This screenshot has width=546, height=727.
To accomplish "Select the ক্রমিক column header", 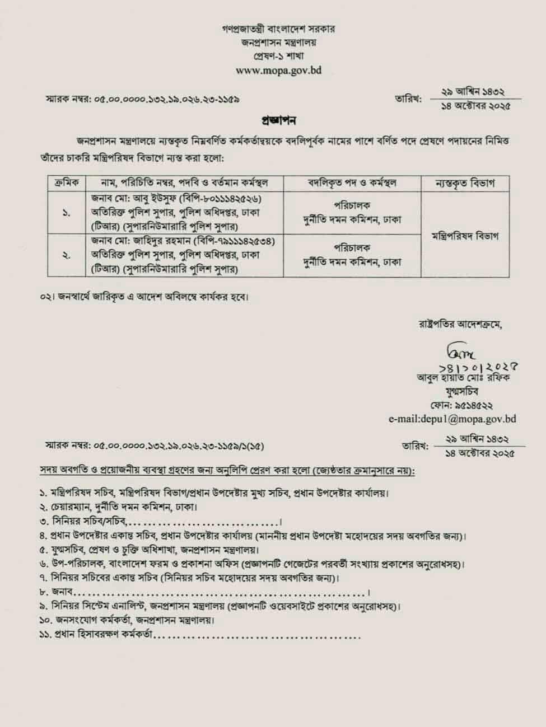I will click(67, 182).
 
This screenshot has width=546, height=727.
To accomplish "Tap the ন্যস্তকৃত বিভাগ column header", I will click(465, 182).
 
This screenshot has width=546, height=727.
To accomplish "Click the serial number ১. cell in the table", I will click(67, 213).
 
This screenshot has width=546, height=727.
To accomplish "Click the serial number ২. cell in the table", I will click(67, 255).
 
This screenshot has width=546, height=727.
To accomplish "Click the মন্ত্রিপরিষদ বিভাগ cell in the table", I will click(465, 235).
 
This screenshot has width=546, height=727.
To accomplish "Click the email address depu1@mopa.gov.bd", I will click(452, 419).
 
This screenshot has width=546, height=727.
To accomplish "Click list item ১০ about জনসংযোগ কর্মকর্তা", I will click(127, 621).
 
